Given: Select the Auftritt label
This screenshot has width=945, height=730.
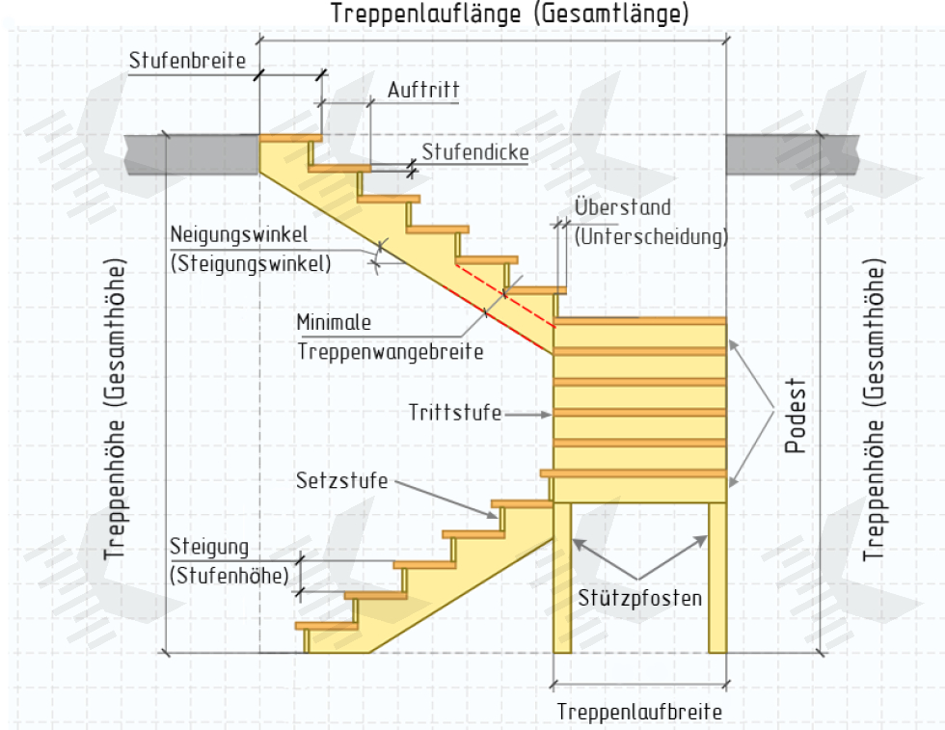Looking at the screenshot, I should (423, 91).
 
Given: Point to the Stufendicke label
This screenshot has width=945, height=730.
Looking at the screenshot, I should (475, 152).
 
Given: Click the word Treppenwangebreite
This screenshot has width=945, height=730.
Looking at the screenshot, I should (390, 352).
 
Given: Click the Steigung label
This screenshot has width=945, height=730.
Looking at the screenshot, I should (209, 548).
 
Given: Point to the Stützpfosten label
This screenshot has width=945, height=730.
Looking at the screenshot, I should (639, 597).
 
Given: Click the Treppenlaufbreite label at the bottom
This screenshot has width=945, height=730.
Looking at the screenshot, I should (639, 712).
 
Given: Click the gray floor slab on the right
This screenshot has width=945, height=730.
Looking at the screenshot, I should (792, 154).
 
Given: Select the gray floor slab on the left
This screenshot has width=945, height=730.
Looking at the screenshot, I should (192, 154).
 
